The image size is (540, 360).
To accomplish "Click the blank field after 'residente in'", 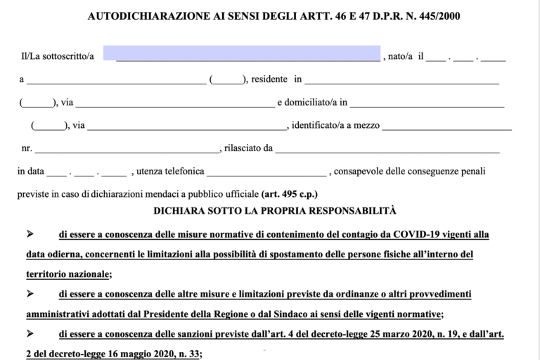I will coord(400,80).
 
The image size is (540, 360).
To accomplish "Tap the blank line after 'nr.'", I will coord(127,148).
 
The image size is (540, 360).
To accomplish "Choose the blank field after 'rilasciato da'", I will coord(387,148).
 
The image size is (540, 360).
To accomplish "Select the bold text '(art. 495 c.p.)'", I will coord(290,193).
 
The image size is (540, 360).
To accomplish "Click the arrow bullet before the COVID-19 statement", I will coord(30,233).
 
